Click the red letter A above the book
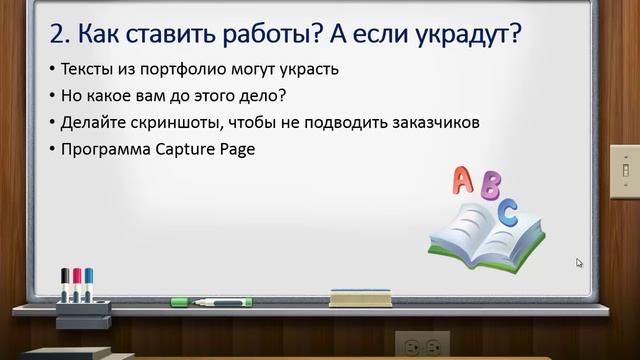[x=463, y=180]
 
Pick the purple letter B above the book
[x=489, y=187]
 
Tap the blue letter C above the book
[x=509, y=212]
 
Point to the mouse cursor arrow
[x=579, y=263]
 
